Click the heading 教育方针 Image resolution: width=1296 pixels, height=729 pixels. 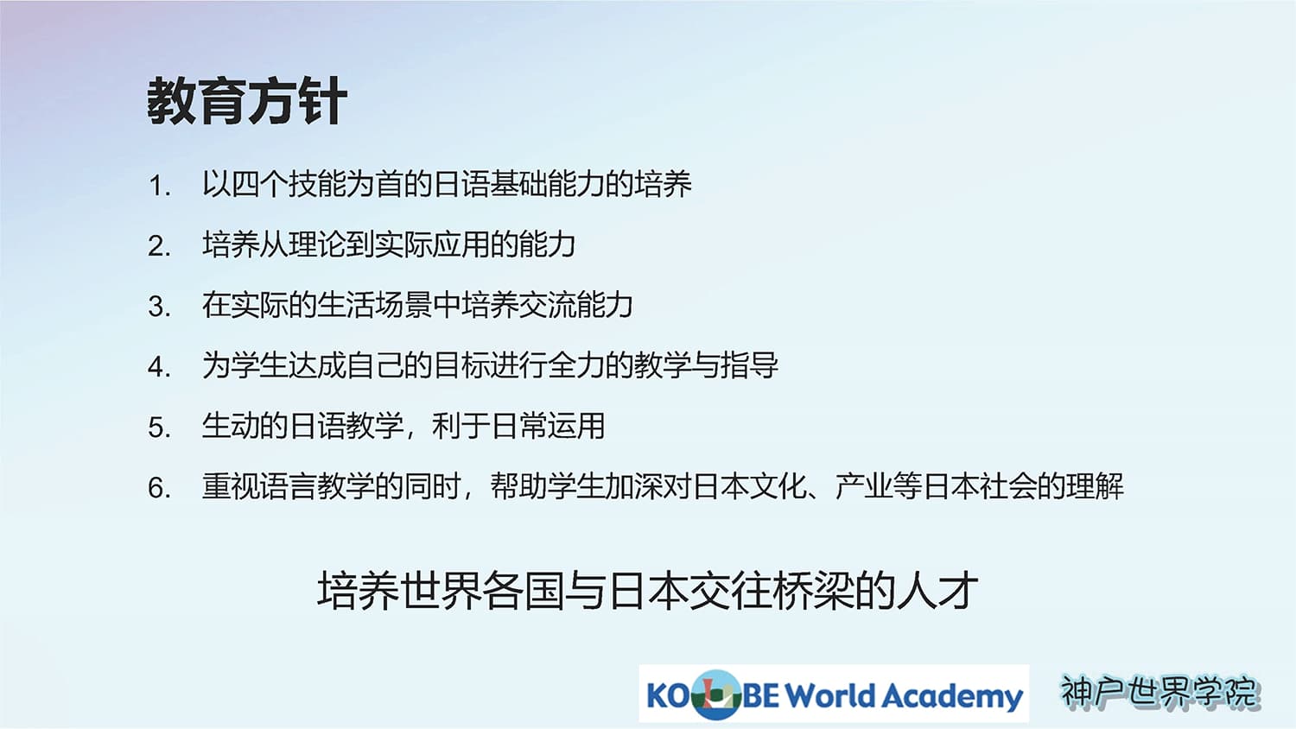(247, 101)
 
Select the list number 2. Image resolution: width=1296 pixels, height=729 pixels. (159, 246)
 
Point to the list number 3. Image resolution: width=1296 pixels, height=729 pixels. (159, 307)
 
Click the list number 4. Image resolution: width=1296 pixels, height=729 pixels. (159, 367)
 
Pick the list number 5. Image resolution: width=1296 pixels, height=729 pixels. (159, 428)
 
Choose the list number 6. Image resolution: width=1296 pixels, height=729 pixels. (159, 488)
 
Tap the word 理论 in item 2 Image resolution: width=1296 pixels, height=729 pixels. (317, 244)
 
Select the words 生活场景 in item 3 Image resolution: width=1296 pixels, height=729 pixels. (374, 305)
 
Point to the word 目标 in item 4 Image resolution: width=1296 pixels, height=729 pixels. (461, 365)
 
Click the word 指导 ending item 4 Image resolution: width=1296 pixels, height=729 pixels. (749, 365)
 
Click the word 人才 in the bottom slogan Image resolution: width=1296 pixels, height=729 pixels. (937, 591)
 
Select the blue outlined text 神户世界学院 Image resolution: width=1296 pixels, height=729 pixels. (1159, 691)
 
